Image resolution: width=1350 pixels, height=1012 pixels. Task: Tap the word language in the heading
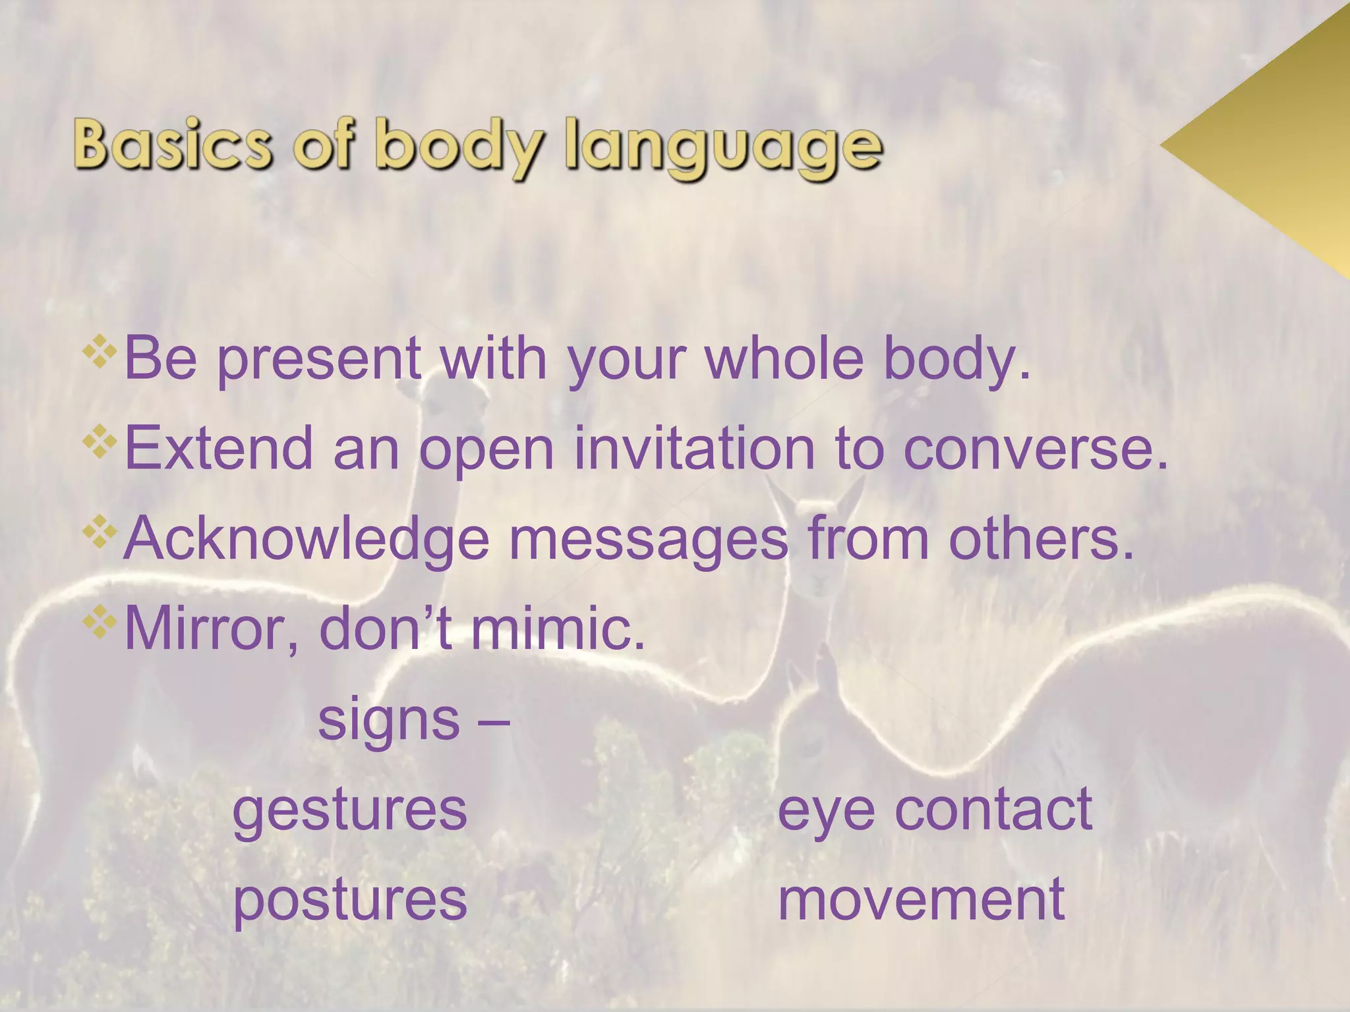[x=723, y=148]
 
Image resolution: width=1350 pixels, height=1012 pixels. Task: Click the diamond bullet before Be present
[x=100, y=351]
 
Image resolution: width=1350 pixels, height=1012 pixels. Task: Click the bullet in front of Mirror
[x=100, y=621]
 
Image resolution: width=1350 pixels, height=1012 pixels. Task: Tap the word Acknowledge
[x=306, y=539]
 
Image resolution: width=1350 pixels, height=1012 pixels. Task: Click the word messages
[x=649, y=539]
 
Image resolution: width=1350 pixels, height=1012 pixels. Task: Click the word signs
[x=389, y=720]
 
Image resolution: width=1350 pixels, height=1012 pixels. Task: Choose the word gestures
[x=350, y=810]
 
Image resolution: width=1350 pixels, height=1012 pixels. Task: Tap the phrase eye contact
[x=935, y=810]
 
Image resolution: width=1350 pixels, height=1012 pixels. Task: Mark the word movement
[x=921, y=900]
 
